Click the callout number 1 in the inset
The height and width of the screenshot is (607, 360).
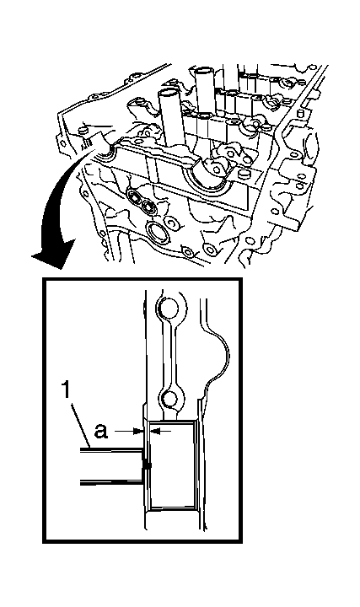click(67, 390)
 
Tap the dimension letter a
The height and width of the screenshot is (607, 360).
click(101, 431)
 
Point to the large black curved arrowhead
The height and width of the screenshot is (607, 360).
click(53, 255)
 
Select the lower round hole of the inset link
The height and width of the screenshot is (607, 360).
click(169, 399)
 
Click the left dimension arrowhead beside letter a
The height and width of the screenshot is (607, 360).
click(138, 431)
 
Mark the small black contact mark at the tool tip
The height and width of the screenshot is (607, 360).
click(147, 465)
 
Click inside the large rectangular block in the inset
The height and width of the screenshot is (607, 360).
click(172, 465)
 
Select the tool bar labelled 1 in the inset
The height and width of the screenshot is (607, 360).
click(112, 465)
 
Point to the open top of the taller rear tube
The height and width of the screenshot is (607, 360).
click(204, 71)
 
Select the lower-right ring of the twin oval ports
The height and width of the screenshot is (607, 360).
click(148, 207)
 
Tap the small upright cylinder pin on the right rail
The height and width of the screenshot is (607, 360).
click(299, 115)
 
